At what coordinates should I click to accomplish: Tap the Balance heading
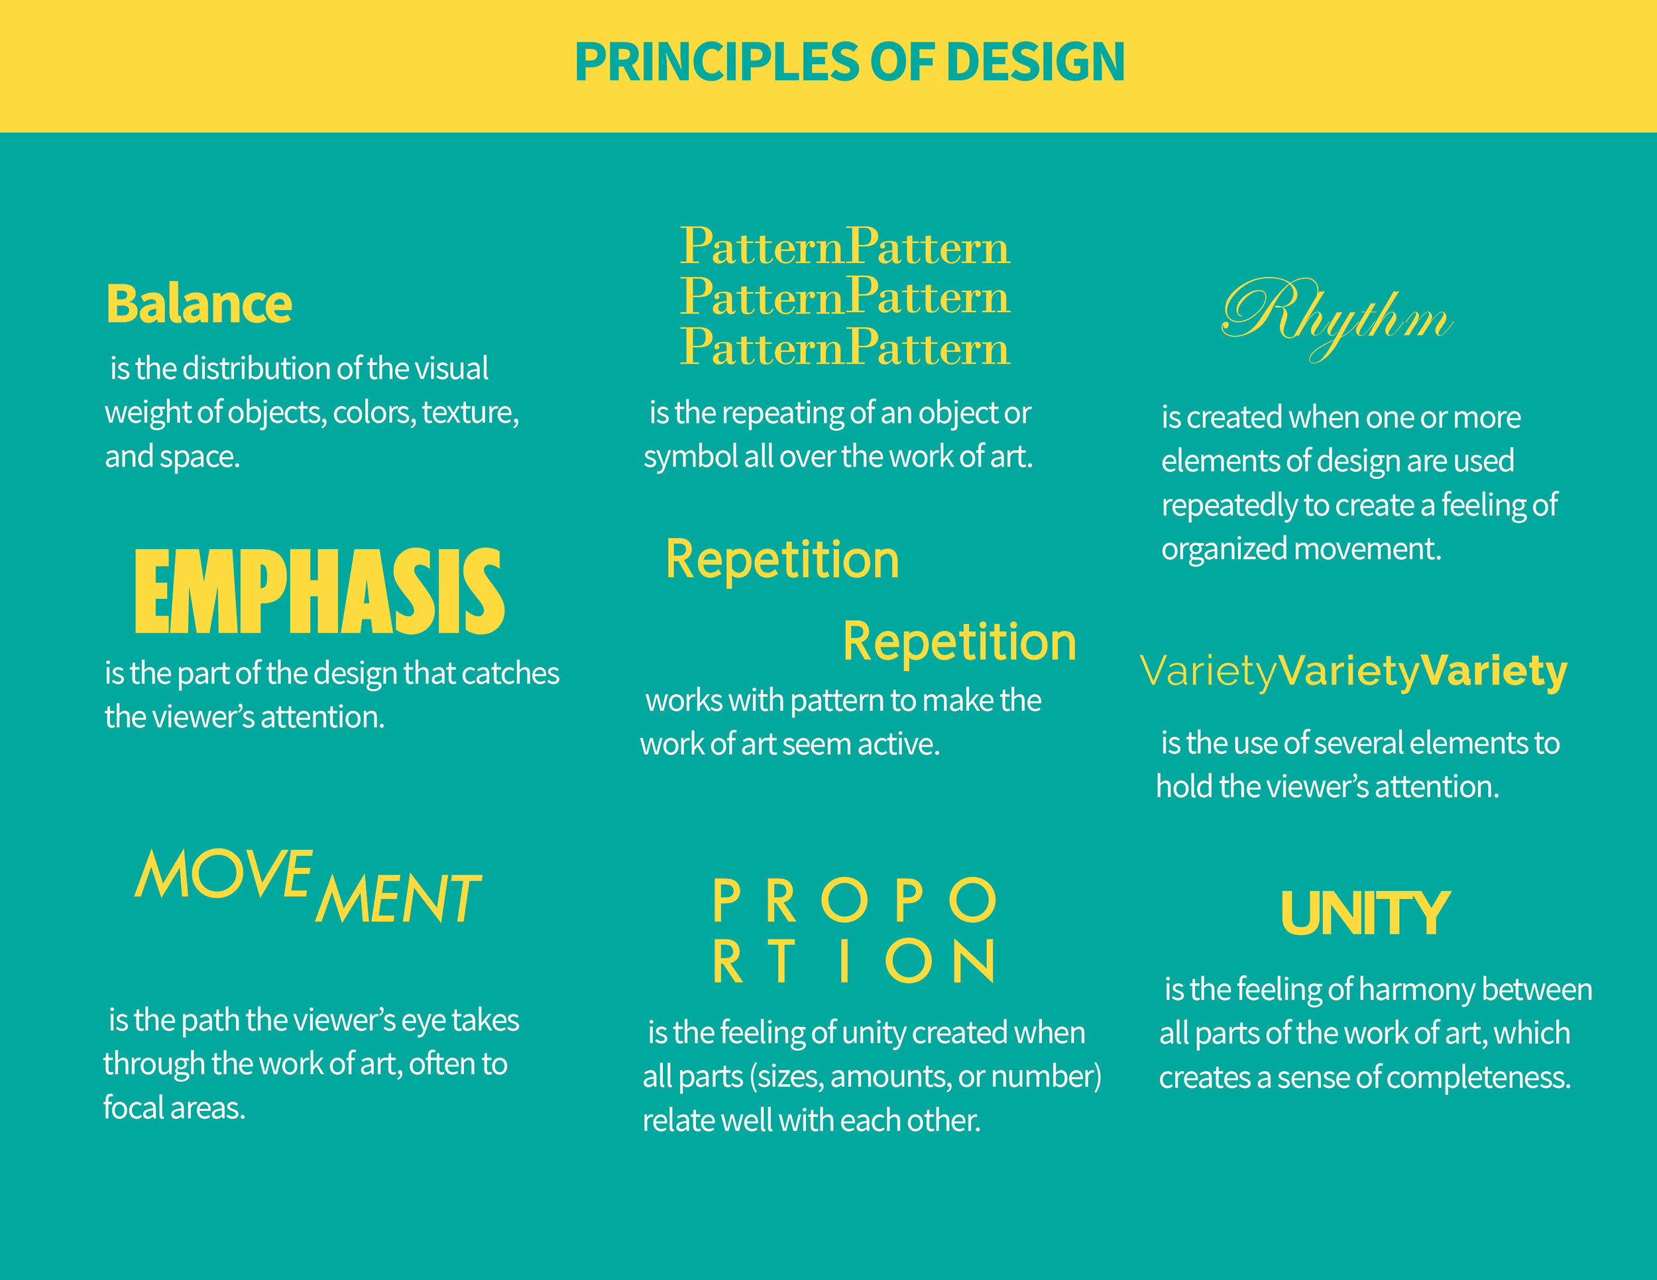click(x=199, y=305)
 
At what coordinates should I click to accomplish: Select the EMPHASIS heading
click(x=319, y=592)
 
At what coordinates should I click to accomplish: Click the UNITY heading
click(x=1365, y=914)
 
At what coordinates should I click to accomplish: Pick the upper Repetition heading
click(x=782, y=560)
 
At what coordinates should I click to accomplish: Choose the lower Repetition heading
click(x=959, y=642)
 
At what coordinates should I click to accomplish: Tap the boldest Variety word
click(x=1493, y=671)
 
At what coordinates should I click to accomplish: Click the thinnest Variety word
click(x=1208, y=672)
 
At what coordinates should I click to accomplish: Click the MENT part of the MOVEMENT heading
click(x=398, y=898)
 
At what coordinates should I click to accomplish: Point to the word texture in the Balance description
click(x=470, y=413)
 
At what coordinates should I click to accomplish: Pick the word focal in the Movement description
click(x=133, y=1108)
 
